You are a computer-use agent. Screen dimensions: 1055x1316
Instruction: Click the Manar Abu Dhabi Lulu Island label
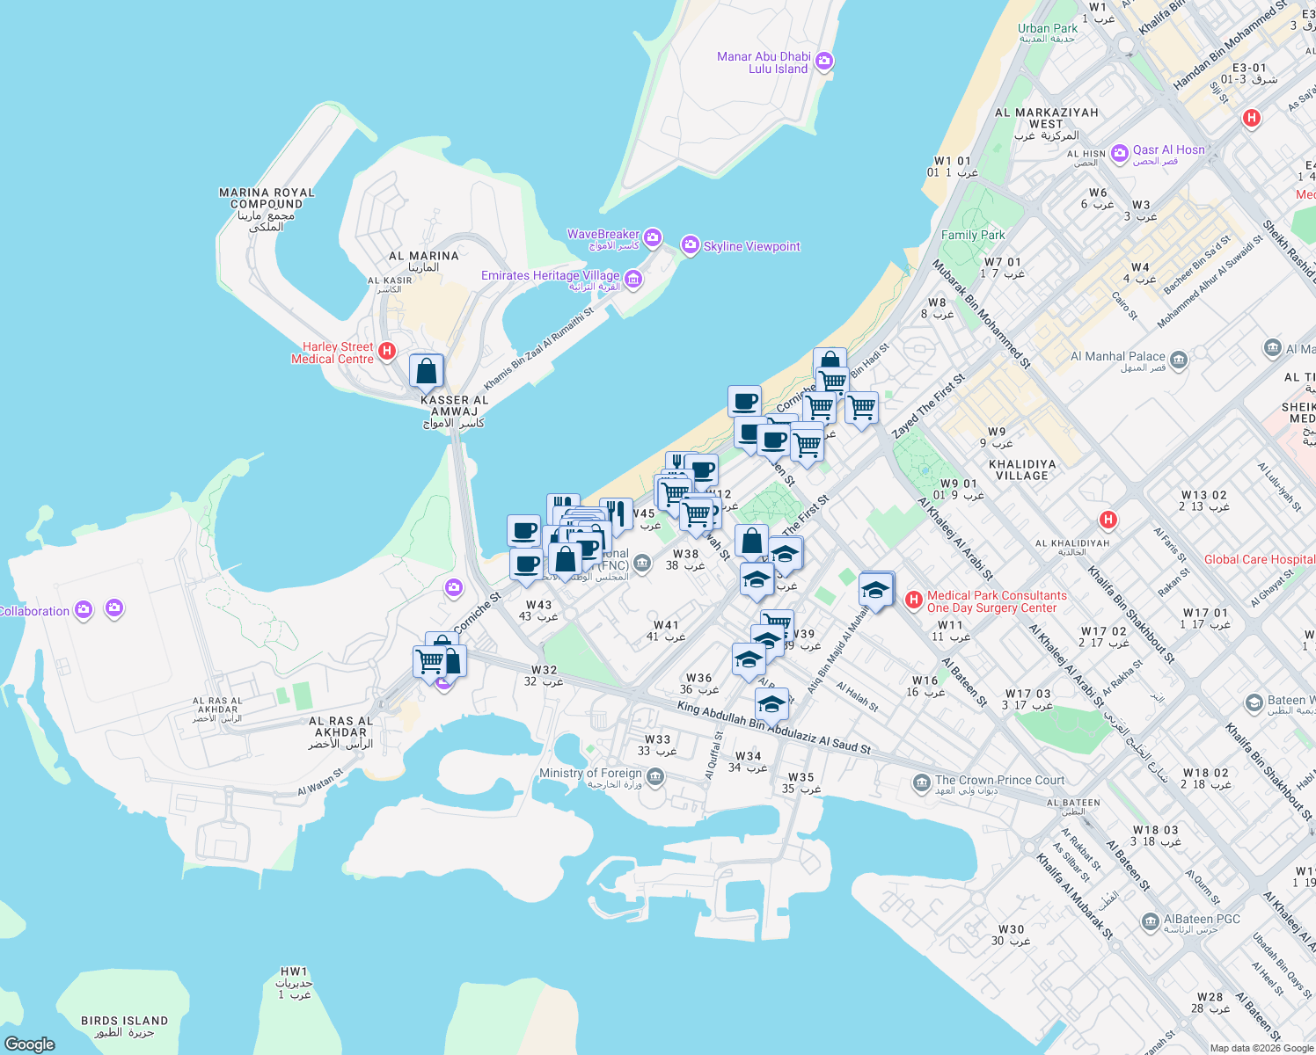click(x=763, y=62)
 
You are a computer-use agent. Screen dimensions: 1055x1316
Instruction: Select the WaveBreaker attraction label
click(x=603, y=235)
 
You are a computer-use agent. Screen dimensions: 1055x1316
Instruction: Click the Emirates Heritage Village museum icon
click(x=633, y=280)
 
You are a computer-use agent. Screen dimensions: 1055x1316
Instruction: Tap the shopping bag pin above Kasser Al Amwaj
click(x=426, y=372)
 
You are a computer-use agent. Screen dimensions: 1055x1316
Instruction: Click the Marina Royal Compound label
click(x=267, y=198)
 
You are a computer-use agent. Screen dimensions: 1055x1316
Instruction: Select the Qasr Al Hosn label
click(x=1168, y=150)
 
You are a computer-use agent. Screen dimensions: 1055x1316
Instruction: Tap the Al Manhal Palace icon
click(x=1179, y=360)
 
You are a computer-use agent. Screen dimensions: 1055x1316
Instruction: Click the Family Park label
click(x=973, y=235)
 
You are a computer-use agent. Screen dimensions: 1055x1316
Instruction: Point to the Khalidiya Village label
click(x=1021, y=469)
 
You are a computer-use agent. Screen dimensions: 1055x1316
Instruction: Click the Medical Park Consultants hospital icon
click(x=913, y=600)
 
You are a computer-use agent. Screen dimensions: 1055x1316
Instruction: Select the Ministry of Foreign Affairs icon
click(x=654, y=776)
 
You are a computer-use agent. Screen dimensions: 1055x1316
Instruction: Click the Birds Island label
click(x=124, y=1021)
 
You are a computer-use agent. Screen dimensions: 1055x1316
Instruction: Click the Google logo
click(x=30, y=1044)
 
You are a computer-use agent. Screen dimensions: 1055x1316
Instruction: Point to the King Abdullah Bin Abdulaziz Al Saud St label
click(x=773, y=727)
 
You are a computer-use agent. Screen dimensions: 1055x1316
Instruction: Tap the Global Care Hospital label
click(x=1260, y=559)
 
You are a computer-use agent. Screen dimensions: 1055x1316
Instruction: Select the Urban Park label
click(x=1047, y=28)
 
